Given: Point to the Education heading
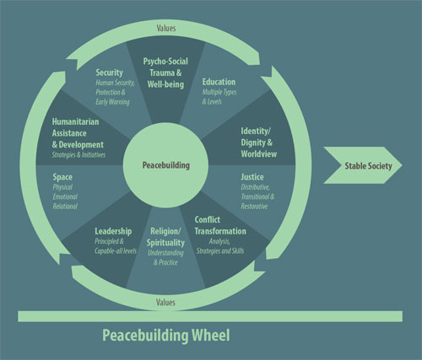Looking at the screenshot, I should pos(219,82).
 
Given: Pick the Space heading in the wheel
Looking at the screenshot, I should pos(62,180).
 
